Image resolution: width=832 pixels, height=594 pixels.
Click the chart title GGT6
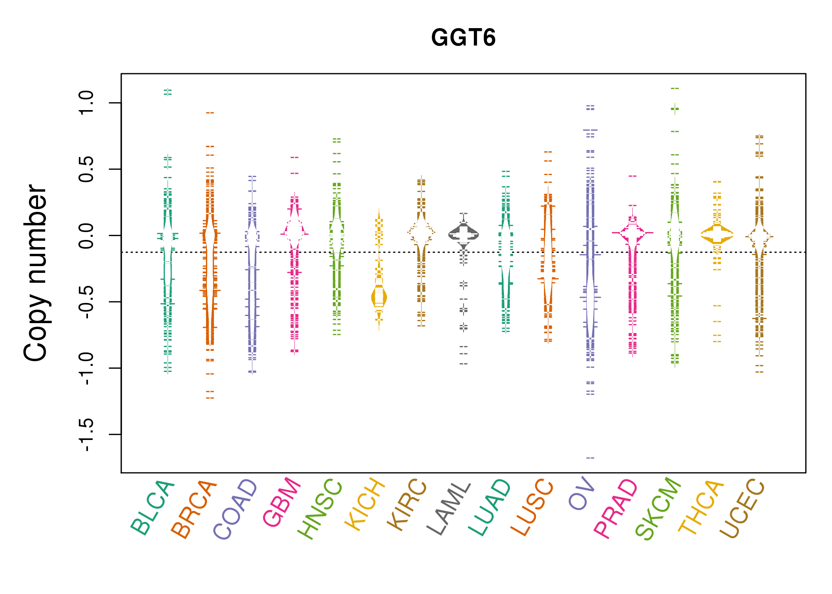pos(463,38)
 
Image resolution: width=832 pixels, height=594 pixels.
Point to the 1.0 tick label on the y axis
pos(86,103)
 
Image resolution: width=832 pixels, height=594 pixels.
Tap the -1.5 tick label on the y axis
pos(86,434)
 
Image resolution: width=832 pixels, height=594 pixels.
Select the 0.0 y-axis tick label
pos(86,236)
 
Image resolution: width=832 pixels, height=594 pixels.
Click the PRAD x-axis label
pos(616,508)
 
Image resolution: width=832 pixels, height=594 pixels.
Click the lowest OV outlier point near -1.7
pos(590,458)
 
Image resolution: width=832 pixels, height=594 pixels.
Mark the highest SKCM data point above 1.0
pos(675,88)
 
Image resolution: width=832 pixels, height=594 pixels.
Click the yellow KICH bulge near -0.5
pos(379,297)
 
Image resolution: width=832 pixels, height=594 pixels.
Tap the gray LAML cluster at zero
pos(464,234)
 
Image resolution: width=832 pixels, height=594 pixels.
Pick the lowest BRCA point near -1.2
pos(210,398)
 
